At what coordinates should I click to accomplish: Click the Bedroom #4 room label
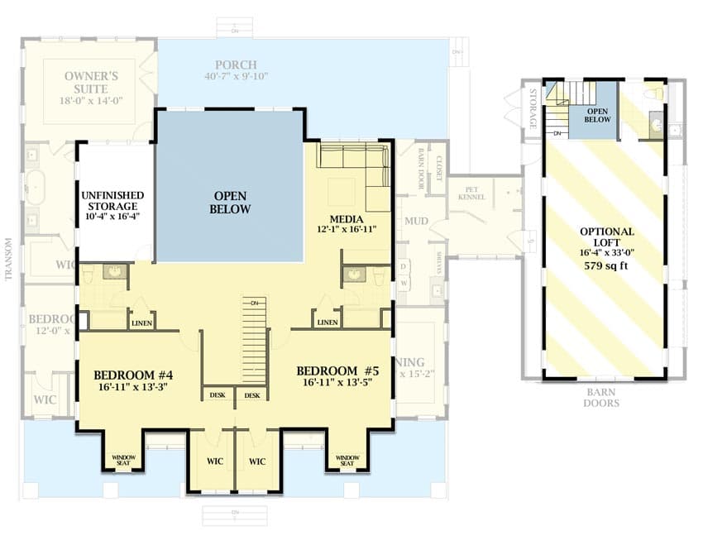132,372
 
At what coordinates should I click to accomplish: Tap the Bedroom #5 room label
337,370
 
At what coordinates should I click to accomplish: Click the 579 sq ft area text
606,266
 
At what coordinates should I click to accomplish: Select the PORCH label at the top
236,65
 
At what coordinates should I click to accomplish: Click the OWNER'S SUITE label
91,83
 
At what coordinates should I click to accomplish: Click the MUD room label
416,222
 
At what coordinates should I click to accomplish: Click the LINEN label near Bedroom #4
141,323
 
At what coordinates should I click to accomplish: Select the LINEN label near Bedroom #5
327,323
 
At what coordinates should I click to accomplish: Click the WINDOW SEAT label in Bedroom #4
123,460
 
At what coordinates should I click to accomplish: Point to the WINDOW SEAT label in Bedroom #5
346,460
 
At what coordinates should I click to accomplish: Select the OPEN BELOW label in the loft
598,115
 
